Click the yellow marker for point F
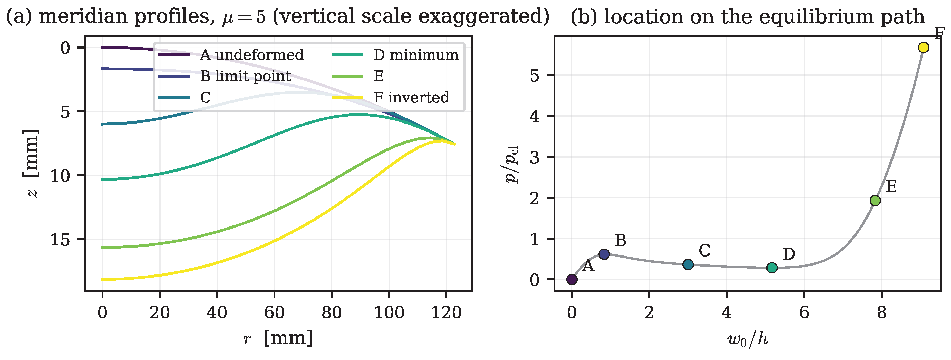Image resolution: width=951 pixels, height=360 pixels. pyautogui.click(x=923, y=47)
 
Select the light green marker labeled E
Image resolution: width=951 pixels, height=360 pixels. pyautogui.click(x=875, y=201)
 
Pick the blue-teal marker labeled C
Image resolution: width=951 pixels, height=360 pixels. pyautogui.click(x=688, y=264)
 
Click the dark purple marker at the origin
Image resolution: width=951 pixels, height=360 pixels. pyautogui.click(x=571, y=280)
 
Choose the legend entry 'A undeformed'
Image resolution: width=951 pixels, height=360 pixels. pyautogui.click(x=231, y=55)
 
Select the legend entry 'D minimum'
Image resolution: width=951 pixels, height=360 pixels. pyautogui.click(x=395, y=55)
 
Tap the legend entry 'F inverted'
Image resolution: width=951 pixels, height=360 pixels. pyautogui.click(x=390, y=98)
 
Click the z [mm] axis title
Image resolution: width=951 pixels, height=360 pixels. pyautogui.click(x=31, y=164)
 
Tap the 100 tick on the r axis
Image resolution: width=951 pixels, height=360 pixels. pyautogui.click(x=389, y=313)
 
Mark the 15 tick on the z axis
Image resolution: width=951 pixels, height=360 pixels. pyautogui.click(x=60, y=240)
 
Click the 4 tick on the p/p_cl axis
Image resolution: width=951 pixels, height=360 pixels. pyautogui.click(x=535, y=116)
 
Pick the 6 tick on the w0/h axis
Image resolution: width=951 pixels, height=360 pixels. pyautogui.click(x=804, y=313)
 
